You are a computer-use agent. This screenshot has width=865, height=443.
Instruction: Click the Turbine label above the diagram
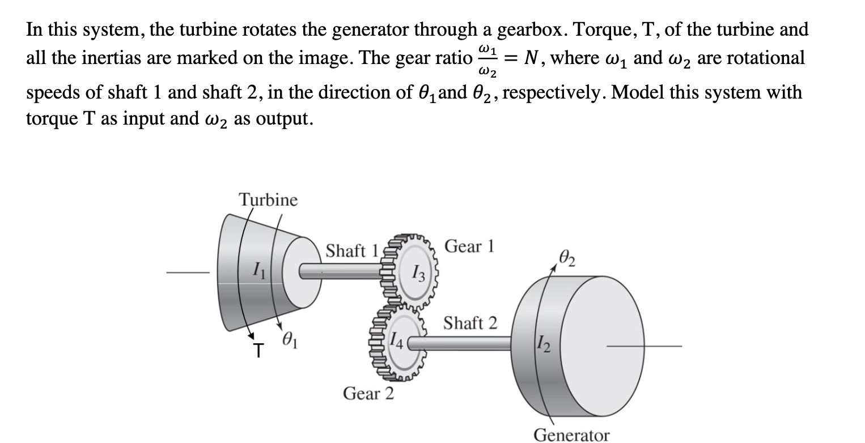pyautogui.click(x=268, y=200)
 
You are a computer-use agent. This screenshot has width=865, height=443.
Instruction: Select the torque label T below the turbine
pyautogui.click(x=258, y=352)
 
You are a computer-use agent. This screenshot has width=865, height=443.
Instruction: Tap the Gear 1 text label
pyautogui.click(x=470, y=246)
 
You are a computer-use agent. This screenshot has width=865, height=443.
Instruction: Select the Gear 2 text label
pyautogui.click(x=368, y=393)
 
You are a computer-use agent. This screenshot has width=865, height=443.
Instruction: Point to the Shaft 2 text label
pyautogui.click(x=470, y=323)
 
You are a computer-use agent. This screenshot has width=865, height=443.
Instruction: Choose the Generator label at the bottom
pyautogui.click(x=572, y=435)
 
